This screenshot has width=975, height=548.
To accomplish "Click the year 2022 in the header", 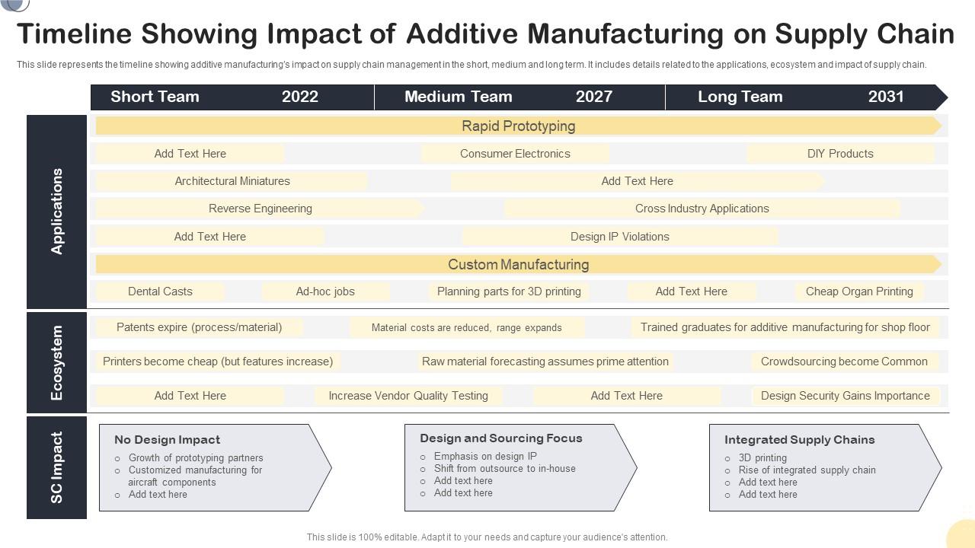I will click(x=300, y=97).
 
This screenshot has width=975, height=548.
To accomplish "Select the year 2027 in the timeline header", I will click(x=593, y=97).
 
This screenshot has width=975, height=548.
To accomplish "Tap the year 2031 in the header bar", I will click(x=886, y=97).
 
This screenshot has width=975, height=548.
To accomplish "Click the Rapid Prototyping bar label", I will click(x=518, y=126).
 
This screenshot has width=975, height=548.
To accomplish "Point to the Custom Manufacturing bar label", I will click(x=518, y=265).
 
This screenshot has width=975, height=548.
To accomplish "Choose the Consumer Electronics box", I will click(x=515, y=154).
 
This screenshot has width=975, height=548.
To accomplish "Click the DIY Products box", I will click(x=840, y=154).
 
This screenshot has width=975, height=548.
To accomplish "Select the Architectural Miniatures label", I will click(x=232, y=181).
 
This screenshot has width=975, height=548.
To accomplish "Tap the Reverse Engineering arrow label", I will click(x=260, y=209).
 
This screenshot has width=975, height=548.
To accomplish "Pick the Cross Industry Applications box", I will click(x=702, y=209).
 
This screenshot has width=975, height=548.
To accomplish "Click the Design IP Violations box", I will click(x=619, y=237).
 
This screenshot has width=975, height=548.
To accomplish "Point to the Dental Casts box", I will click(x=160, y=292).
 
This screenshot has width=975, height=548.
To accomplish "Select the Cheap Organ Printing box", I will click(x=859, y=292).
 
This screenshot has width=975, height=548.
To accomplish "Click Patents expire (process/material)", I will click(x=199, y=327).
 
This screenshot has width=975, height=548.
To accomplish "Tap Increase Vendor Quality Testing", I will click(x=408, y=396).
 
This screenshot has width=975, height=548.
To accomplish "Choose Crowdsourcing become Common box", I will click(x=844, y=362).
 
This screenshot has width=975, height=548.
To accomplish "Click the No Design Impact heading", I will click(x=167, y=440).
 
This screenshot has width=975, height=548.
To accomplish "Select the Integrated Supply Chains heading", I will click(x=799, y=440).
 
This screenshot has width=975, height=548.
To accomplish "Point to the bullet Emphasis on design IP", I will click(x=485, y=457).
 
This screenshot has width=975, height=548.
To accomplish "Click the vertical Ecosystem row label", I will click(x=57, y=362).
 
